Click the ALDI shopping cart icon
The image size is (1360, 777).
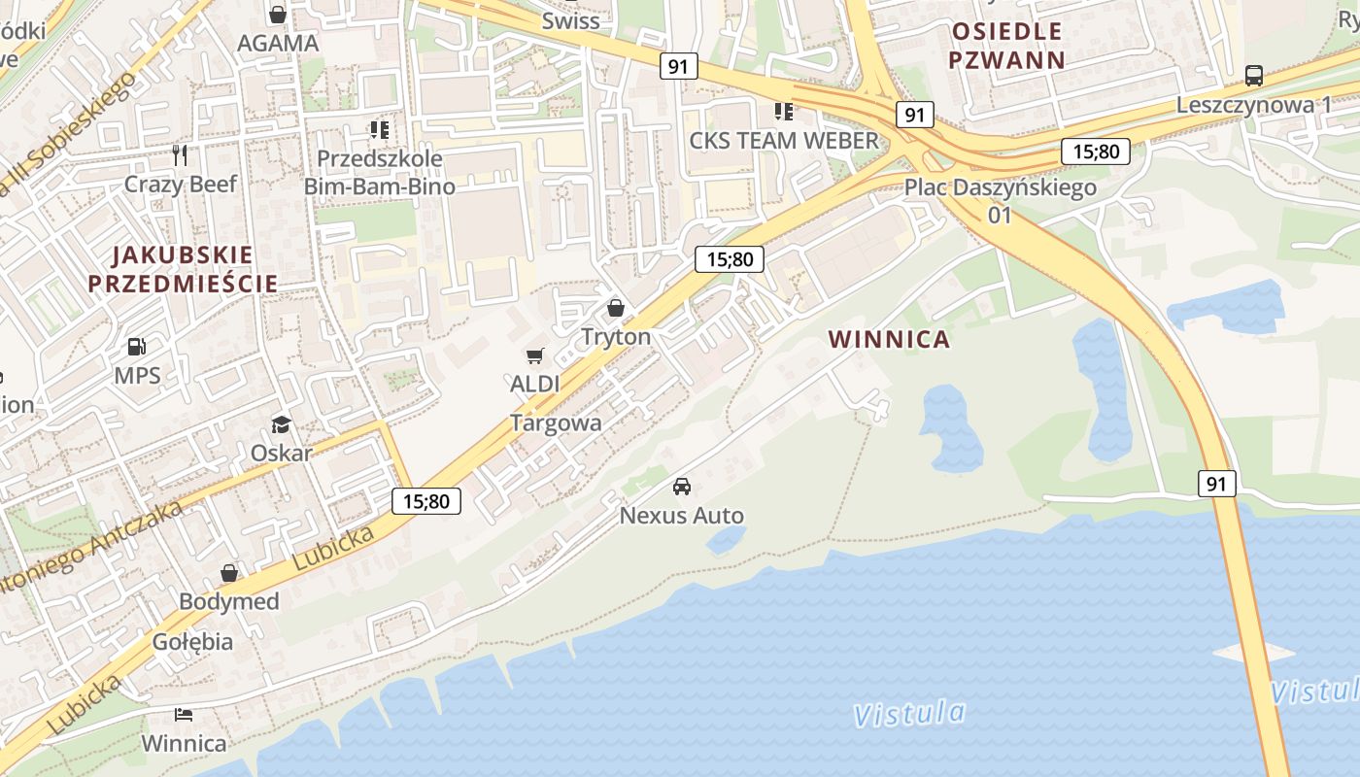[x=534, y=356]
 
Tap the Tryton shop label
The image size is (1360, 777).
[x=615, y=336]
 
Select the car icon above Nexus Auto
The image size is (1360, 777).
[x=682, y=487]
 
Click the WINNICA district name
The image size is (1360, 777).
[x=889, y=339]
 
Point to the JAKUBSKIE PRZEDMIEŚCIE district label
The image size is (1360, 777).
[x=183, y=269]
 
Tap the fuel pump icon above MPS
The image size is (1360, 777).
[x=137, y=347]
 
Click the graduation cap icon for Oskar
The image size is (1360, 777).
[x=281, y=424]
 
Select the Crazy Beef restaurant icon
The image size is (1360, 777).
[x=180, y=155]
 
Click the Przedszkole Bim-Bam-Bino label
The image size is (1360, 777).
[x=380, y=172]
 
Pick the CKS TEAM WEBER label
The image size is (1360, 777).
[x=783, y=140]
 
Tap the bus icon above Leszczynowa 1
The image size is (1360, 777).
[x=1253, y=76]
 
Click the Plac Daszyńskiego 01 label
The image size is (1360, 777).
[x=1001, y=200]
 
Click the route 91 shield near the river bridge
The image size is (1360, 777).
[x=1216, y=483]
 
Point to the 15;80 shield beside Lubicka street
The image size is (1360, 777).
[x=426, y=501]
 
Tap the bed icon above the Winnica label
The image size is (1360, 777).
[x=183, y=716]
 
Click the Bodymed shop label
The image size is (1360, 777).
[x=229, y=601]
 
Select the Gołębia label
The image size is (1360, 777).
[x=192, y=641]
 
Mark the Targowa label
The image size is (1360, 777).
[x=556, y=422]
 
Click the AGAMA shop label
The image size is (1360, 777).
[x=278, y=43]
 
